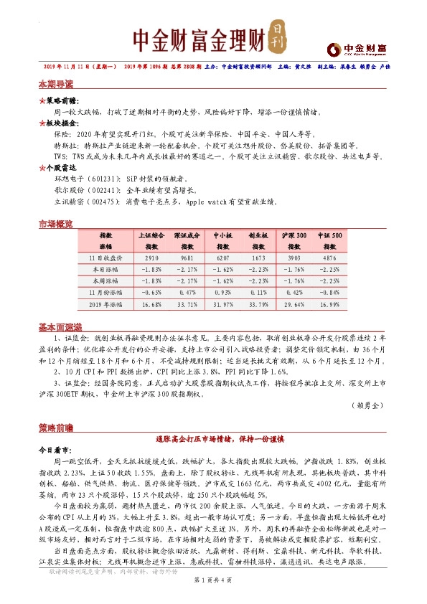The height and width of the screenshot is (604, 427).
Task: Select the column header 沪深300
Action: (x=294, y=235)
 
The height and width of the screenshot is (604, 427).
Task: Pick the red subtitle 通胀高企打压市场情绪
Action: (x=213, y=437)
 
